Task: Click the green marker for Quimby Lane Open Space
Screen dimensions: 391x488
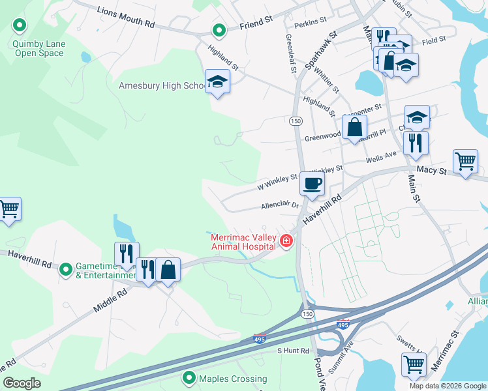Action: [20, 26]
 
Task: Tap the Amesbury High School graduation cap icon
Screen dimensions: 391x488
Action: [217, 81]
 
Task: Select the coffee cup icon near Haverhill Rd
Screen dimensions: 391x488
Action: [312, 183]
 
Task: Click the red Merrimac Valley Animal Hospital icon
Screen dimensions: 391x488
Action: [286, 242]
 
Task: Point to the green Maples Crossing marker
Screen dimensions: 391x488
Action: [189, 377]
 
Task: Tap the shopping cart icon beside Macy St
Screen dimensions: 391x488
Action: [465, 161]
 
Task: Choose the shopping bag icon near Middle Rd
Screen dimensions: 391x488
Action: [168, 269]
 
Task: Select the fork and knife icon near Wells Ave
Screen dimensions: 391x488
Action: [416, 142]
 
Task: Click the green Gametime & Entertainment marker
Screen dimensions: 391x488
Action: [65, 269]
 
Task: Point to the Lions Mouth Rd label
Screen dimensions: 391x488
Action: [126, 18]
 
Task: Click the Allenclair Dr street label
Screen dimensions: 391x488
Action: [279, 205]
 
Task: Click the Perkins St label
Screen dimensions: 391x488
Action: [310, 22]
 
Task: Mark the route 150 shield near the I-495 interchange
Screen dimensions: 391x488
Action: [307, 314]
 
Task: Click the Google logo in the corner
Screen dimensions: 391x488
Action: [22, 383]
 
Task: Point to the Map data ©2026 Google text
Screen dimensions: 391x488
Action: [447, 386]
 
